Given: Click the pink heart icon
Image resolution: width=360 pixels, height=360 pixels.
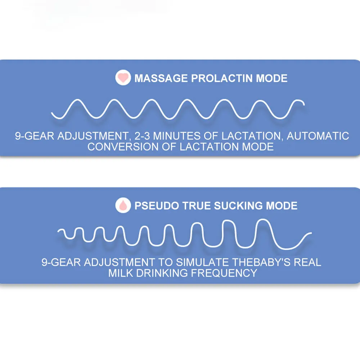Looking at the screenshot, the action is pos(123,78).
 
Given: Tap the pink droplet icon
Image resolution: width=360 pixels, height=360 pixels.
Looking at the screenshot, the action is pos(123,206).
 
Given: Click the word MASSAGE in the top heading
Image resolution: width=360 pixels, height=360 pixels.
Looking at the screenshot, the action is pos(161,78).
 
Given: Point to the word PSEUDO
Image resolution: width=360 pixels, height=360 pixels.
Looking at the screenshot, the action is pos(156,206).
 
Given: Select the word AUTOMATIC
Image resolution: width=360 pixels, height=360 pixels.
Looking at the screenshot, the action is pos(318,136).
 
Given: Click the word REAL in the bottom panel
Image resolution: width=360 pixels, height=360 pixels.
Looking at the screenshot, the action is pos(307,262).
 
